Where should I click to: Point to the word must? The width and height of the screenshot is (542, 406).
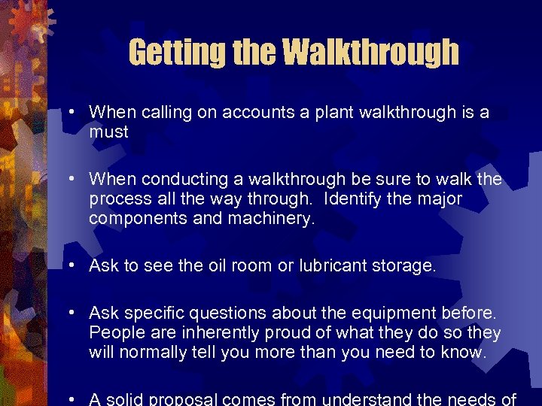(x=109, y=132)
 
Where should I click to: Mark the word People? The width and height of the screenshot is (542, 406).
(x=113, y=332)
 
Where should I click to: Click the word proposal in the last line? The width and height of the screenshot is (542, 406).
(x=184, y=398)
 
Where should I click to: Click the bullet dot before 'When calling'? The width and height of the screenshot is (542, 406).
(x=70, y=113)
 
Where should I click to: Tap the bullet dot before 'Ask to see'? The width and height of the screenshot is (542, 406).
(x=70, y=265)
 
